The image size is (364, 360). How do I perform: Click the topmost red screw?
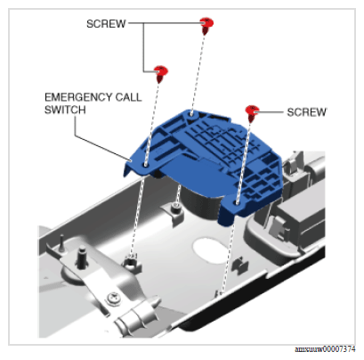[206, 24]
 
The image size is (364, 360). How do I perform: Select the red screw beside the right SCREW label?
[252, 112]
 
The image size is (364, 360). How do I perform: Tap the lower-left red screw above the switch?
[161, 73]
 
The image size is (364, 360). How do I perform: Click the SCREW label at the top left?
[106, 24]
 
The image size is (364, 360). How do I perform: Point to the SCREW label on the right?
[306, 112]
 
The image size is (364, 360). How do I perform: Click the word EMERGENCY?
[77, 97]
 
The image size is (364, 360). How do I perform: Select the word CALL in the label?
[128, 97]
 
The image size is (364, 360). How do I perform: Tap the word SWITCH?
[65, 110]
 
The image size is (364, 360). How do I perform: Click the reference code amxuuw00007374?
[325, 349]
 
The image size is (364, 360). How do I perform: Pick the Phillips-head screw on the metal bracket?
[114, 298]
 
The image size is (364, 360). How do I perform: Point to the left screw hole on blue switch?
[145, 164]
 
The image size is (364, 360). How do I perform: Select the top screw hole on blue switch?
[191, 113]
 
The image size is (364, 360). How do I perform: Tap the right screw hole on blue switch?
[237, 202]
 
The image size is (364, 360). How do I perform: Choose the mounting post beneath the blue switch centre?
[176, 209]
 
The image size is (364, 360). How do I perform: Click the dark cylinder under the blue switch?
[201, 202]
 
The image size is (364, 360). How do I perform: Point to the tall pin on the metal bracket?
[81, 258]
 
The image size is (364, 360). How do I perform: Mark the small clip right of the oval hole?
[240, 265]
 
